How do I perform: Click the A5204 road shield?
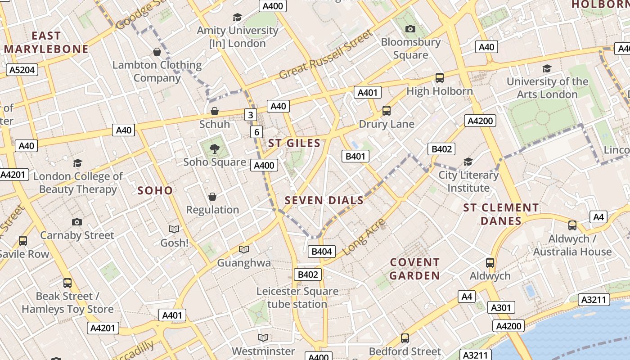[22, 70]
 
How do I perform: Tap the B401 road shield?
[355, 156]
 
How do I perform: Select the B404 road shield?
[322, 251]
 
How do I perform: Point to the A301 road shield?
[501, 307]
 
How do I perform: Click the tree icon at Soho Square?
[215, 148]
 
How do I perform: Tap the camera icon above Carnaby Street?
[77, 222]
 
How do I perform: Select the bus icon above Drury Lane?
[386, 110]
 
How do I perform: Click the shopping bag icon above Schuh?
[215, 111]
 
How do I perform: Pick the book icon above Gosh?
[174, 229]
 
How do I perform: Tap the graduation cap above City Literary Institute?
[468, 162]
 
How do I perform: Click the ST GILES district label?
[294, 144]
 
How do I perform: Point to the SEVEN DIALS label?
[324, 201]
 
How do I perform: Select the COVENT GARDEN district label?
[414, 269]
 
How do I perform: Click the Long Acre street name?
[364, 237]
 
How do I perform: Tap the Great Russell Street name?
[326, 54]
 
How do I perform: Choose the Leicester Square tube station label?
[297, 297]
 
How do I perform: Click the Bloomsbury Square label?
[410, 48]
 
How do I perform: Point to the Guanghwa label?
[244, 263]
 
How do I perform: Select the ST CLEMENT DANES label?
[501, 214]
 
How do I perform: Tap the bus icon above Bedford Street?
[405, 338]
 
